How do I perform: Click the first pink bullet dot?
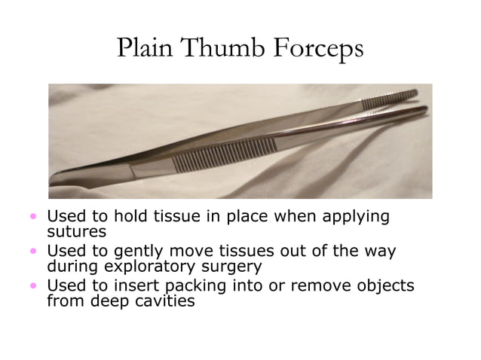tap(33, 216)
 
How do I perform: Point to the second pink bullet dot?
tap(33, 251)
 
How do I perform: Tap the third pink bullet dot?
tap(33, 285)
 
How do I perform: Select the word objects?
tap(385, 286)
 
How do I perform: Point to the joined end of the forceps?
tap(64, 178)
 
